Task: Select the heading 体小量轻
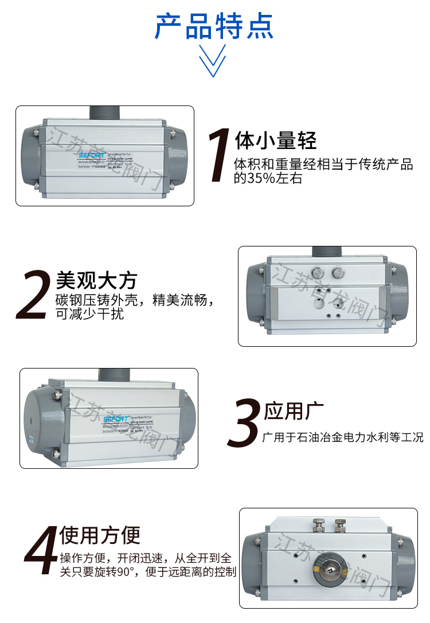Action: [x=276, y=140]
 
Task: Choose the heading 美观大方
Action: [x=96, y=280]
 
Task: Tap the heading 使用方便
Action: [x=100, y=535]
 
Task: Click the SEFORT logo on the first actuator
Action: [x=90, y=154]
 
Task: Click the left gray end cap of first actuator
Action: [x=29, y=156]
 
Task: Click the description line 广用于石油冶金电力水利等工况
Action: [x=342, y=438]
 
